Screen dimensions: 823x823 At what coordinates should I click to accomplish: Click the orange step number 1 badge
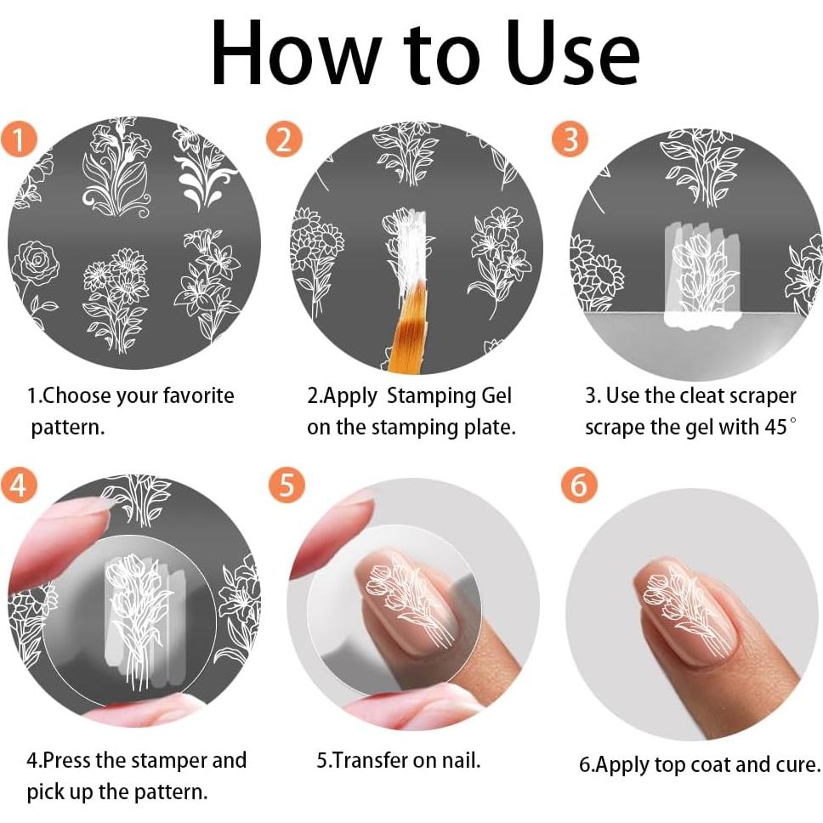coord(19,139)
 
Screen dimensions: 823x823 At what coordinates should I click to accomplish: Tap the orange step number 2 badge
coord(284,139)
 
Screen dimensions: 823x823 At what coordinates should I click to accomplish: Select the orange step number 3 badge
coord(570,139)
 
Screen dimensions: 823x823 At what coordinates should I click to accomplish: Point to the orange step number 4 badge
coord(19,485)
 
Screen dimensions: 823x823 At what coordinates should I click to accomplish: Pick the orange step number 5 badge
coord(287,485)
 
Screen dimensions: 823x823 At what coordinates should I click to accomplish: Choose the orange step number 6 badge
coord(579,485)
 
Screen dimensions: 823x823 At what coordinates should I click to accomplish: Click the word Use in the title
coord(573,54)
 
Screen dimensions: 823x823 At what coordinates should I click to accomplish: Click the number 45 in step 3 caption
coord(775,427)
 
